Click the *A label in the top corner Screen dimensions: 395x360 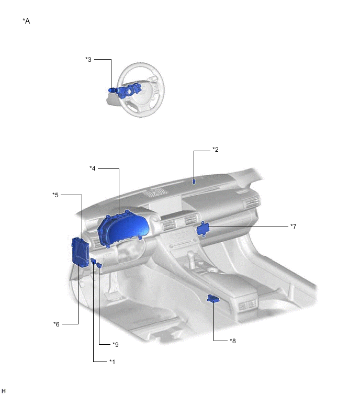[26, 21]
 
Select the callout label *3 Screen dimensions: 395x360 [88, 60]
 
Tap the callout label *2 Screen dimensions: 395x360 [215, 150]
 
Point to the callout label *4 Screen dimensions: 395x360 [92, 168]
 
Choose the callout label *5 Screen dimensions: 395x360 [55, 195]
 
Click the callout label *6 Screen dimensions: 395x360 [57, 324]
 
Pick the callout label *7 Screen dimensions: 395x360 [294, 227]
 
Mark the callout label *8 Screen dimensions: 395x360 [233, 341]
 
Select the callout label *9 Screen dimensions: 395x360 [116, 344]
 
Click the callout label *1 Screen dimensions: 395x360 [112, 362]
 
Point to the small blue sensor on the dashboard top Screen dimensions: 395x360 [194, 181]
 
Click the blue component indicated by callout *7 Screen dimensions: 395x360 [203, 228]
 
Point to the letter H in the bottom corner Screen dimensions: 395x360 [3, 391]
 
